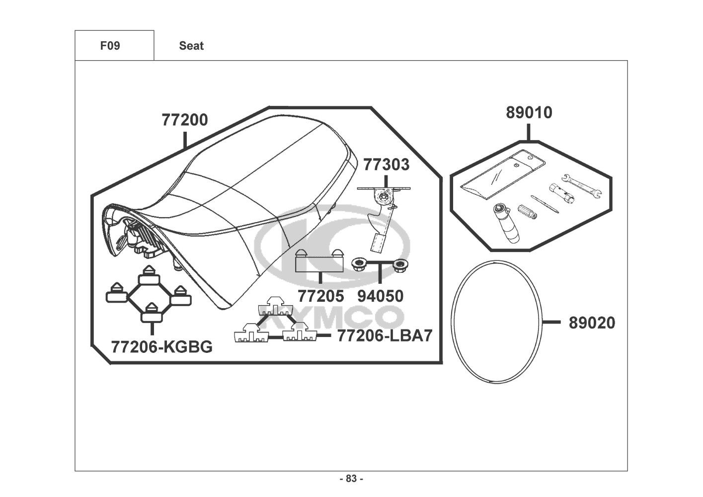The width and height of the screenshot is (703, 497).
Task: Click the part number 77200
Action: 184,120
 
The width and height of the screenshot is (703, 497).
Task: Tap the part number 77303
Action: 387,164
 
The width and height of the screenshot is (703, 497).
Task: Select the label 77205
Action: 320,296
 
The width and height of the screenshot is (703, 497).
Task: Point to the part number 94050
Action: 381,296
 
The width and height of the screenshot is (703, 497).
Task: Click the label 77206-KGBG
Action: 161,346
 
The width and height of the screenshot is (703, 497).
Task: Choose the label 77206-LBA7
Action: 385,335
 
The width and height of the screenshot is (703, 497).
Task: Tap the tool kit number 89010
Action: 529,113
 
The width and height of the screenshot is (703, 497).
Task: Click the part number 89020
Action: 592,323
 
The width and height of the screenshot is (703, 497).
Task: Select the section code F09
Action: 110,46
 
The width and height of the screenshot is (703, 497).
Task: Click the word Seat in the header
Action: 191,46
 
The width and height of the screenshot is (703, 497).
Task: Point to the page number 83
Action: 351,479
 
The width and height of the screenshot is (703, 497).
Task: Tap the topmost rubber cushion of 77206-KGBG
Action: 148,275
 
